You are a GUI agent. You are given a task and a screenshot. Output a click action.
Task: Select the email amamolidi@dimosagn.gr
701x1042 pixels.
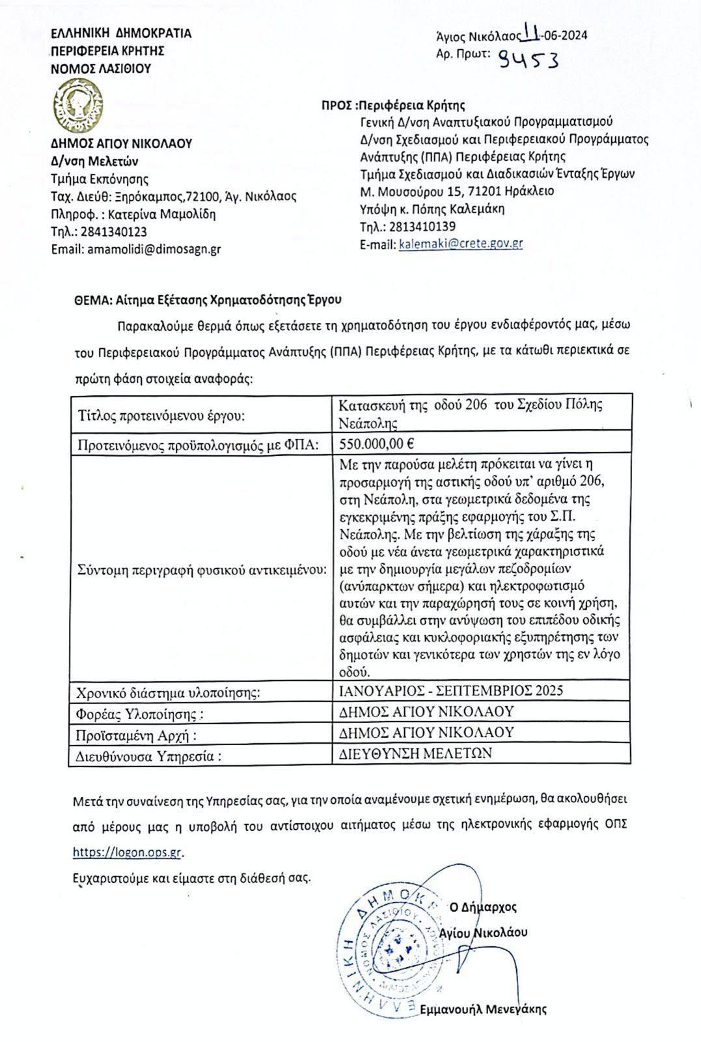coord(154,249)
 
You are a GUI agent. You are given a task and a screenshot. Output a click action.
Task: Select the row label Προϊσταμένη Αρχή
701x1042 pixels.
coord(137,735)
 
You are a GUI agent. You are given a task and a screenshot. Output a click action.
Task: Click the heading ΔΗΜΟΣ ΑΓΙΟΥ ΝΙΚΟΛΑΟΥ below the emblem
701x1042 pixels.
coord(121,144)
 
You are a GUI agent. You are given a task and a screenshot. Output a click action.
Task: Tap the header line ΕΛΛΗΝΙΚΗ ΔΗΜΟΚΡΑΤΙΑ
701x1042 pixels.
coord(121,33)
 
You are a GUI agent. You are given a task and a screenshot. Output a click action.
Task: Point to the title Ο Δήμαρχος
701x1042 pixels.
coord(482,907)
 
